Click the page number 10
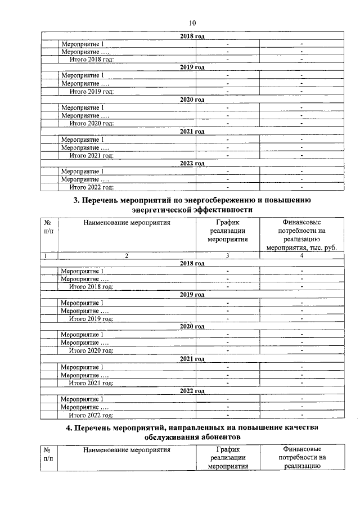point(192,23)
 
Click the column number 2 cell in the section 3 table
point(127,256)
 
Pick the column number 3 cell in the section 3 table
point(227,256)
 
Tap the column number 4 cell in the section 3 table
point(302,256)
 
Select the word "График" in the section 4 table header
point(227,449)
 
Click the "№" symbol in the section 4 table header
point(48,450)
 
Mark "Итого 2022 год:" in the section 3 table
point(91,415)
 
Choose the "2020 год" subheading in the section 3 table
point(192,327)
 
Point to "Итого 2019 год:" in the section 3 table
point(91,319)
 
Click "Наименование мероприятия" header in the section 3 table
point(127,222)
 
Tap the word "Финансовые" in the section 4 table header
point(302,449)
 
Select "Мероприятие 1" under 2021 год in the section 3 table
point(82,367)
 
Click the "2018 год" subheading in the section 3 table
point(192,263)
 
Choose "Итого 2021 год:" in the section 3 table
point(91,383)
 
